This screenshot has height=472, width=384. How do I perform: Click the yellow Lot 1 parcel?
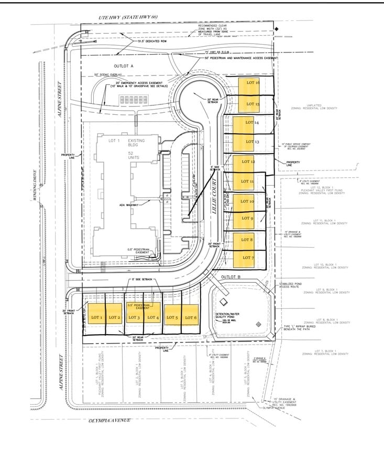tap(96, 317)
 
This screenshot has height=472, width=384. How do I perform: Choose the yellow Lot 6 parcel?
tap(191, 317)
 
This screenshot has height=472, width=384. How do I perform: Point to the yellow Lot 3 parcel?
tap(135, 317)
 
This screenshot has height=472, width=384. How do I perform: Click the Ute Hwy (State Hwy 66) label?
tap(128, 17)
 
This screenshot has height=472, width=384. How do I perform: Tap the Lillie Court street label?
tap(214, 200)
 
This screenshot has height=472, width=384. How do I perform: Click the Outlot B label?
tap(230, 276)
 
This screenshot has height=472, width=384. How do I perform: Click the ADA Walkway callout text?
tap(129, 205)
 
